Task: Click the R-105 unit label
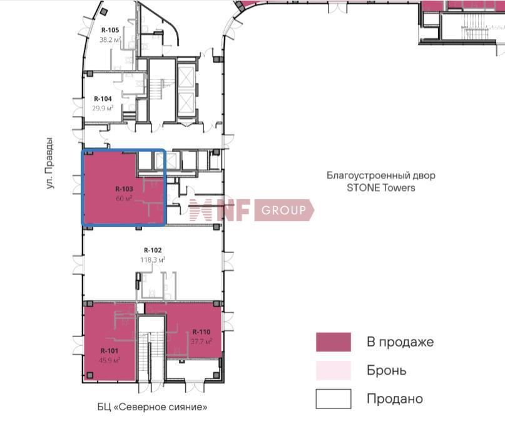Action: click(x=110, y=30)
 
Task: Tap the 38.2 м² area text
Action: click(x=110, y=39)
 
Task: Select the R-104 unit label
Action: click(x=103, y=98)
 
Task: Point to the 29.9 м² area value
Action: click(x=103, y=108)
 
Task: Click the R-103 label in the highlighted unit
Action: click(x=124, y=189)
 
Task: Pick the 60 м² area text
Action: click(x=124, y=198)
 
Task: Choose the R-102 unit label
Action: click(x=153, y=250)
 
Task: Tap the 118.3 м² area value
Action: click(x=153, y=259)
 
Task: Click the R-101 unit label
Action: click(x=110, y=351)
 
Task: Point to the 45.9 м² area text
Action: click(x=110, y=360)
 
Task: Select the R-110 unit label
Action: click(x=201, y=331)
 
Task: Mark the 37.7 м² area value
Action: click(x=201, y=341)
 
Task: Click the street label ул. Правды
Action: click(x=49, y=163)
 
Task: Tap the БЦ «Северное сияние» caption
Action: click(x=152, y=407)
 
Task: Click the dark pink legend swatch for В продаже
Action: click(x=334, y=341)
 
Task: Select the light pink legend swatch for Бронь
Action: click(x=334, y=370)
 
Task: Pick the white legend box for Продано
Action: click(x=334, y=398)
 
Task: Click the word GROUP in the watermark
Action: click(x=283, y=210)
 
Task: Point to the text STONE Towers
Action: click(x=381, y=187)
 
